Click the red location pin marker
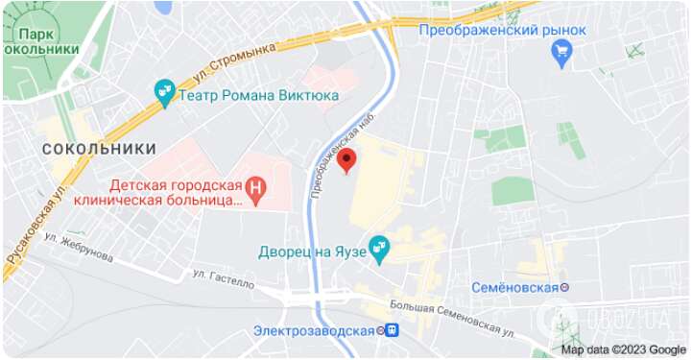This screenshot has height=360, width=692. click(347, 159)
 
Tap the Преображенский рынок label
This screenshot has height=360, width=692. click(489, 30)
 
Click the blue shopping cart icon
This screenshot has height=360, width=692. click(563, 54)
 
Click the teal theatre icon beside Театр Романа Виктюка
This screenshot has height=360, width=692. click(164, 92)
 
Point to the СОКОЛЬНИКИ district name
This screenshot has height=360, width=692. click(99, 148)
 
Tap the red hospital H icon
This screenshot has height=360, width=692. click(255, 189)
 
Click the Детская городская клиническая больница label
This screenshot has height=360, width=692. click(169, 191)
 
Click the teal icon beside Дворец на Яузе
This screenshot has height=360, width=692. click(379, 250)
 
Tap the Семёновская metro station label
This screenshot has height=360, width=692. click(514, 287)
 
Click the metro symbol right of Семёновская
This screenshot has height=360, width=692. click(566, 287)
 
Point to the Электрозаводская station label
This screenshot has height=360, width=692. click(313, 330)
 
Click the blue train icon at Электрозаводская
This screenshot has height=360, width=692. click(391, 330)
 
